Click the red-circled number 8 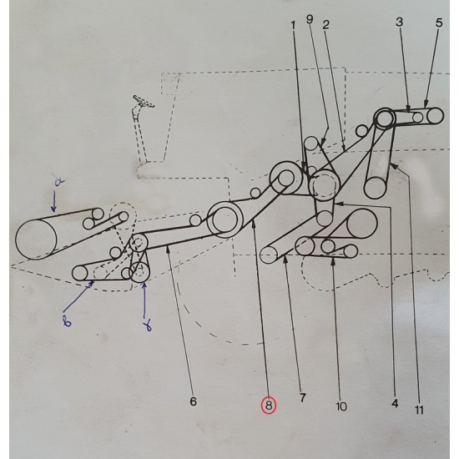coord(269,406)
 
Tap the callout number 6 coord(194,401)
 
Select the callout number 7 coord(302,397)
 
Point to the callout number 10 coord(341,406)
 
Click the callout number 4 coord(395,404)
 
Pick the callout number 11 coord(419,410)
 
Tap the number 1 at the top coord(293,26)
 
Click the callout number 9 coord(310,19)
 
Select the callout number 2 coord(325,25)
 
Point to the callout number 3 coord(399,22)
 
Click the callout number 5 coord(439,23)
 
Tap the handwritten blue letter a coord(59,183)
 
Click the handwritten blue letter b coord(67,321)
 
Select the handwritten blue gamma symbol coord(149,325)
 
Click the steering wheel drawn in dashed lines coord(144,101)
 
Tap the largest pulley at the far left coord(36,240)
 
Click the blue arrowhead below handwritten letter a coord(53,208)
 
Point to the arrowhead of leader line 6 coord(168,249)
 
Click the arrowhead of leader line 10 coord(333,261)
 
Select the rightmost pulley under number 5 coord(435,115)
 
